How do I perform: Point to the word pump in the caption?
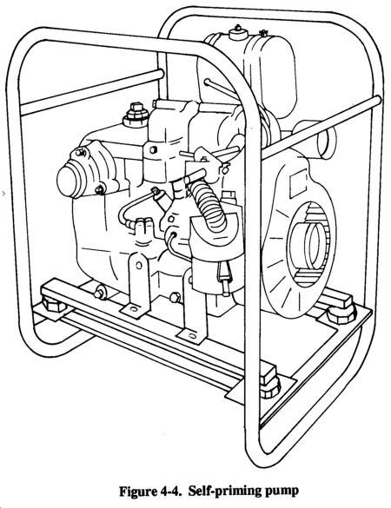tap(282, 492)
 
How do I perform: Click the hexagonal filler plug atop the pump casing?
tap(136, 112)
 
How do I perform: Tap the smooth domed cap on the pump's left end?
tap(69, 178)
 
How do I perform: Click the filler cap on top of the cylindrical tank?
tap(238, 31)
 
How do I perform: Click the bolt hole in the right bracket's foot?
tap(192, 336)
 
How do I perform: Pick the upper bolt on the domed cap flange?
tap(81, 152)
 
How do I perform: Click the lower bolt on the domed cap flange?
tap(100, 190)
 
